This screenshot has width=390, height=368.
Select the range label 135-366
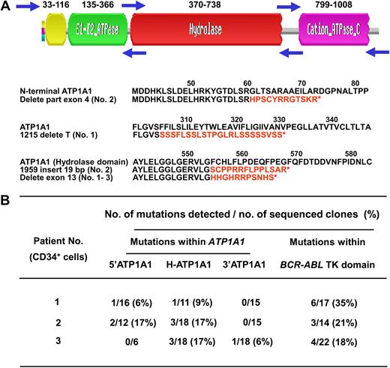(x=99, y=6)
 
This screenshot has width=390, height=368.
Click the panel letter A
(x=6, y=7)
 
